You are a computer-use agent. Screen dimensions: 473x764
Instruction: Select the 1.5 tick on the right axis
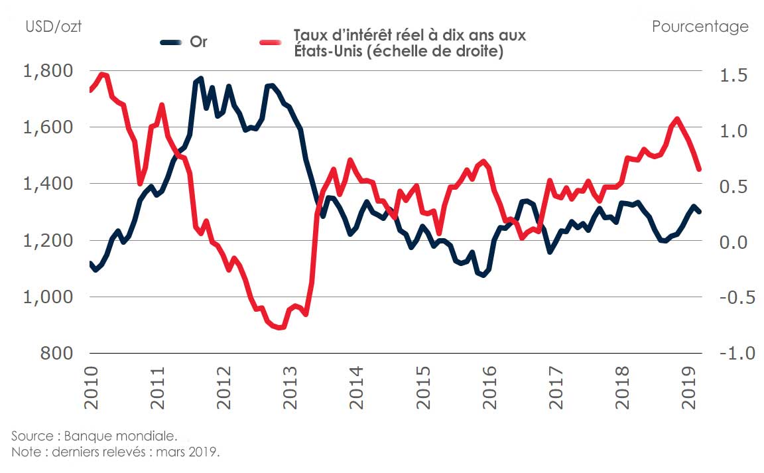point(733,75)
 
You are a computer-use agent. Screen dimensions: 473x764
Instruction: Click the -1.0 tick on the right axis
point(731,354)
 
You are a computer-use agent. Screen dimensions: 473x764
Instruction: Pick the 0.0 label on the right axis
point(733,242)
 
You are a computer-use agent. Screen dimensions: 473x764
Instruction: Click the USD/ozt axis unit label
point(53,27)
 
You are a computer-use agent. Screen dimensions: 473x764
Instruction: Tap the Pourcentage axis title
point(700,27)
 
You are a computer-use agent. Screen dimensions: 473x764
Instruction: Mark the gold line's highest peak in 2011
point(200,78)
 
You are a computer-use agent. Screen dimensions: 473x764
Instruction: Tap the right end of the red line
point(699,170)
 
